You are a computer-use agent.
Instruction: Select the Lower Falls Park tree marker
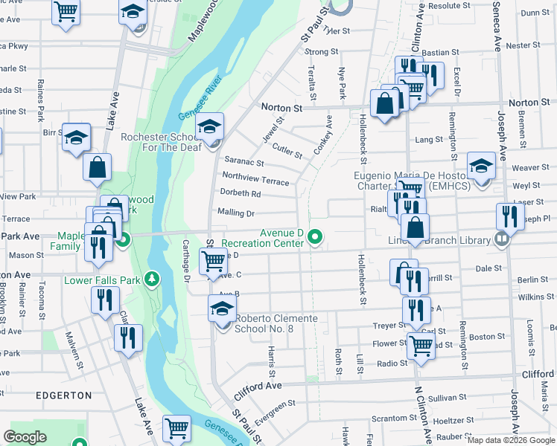point(153,279)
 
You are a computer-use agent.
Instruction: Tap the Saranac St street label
point(244,161)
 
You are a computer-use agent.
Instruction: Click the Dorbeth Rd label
point(239,194)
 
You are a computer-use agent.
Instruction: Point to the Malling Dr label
point(236,213)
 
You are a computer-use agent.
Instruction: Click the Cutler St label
point(287,150)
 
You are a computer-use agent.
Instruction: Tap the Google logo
point(25,437)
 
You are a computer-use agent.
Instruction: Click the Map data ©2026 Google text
point(511,440)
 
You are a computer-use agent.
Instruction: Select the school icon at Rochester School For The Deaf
point(210,127)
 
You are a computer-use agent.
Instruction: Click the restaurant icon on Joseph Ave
point(509,216)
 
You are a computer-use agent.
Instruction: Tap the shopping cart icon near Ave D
point(214,260)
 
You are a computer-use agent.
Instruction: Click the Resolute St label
point(445,5)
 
